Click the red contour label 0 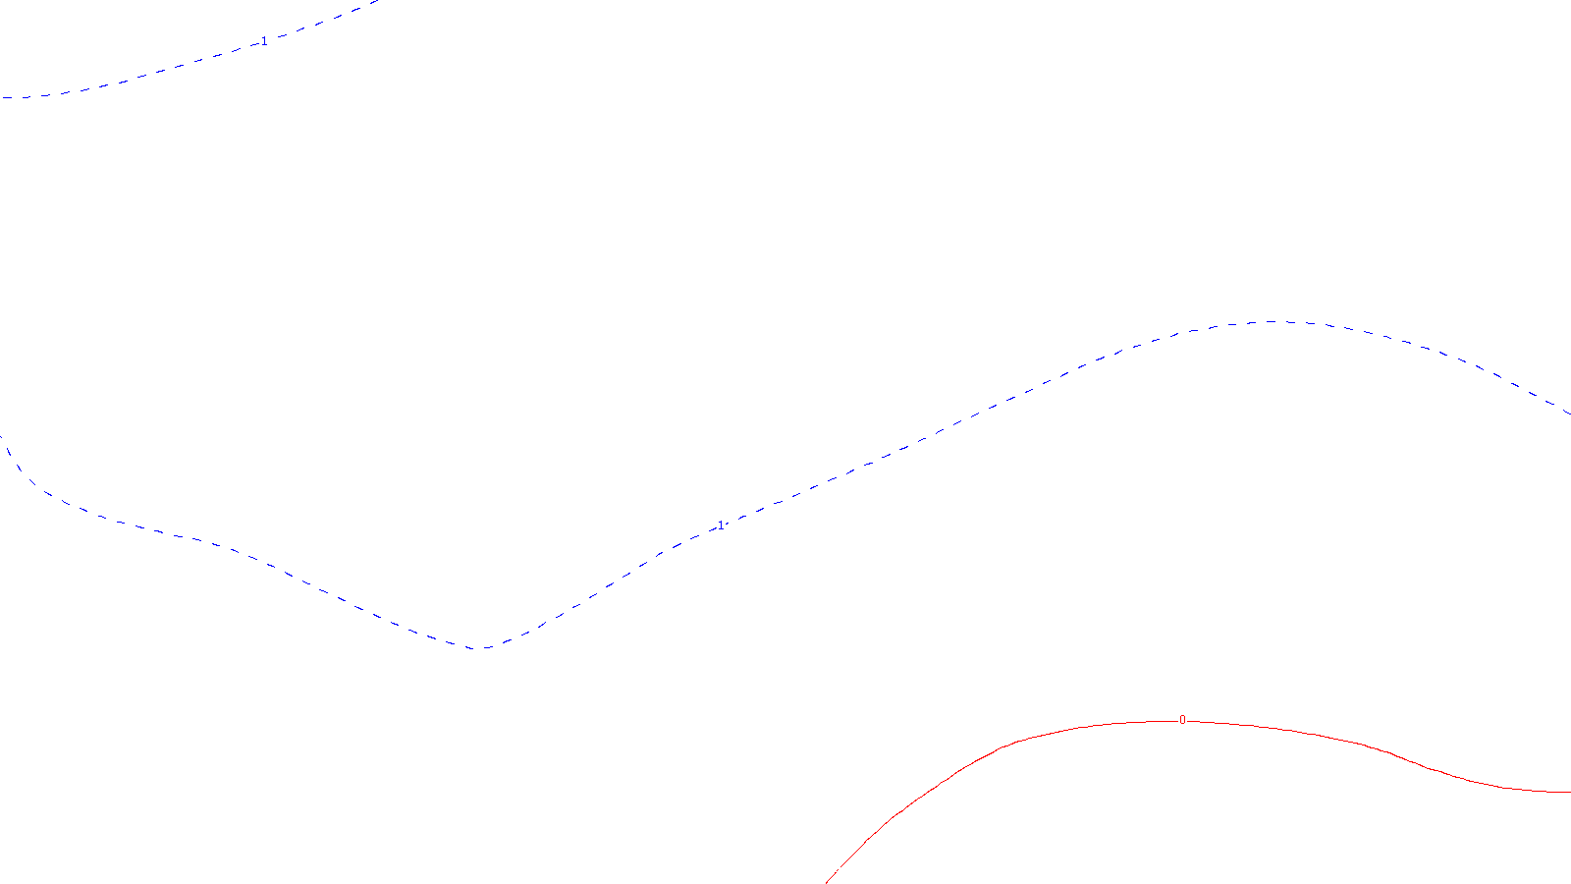pyautogui.click(x=1182, y=720)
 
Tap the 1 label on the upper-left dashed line pyautogui.click(x=263, y=41)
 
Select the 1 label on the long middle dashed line pyautogui.click(x=721, y=525)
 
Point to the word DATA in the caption pyautogui.click(x=830, y=868)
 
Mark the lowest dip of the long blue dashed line pyautogui.click(x=478, y=648)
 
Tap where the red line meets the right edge pyautogui.click(x=1569, y=792)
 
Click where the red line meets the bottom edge pyautogui.click(x=827, y=882)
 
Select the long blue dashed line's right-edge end pyautogui.click(x=1569, y=414)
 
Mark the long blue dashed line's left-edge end pyautogui.click(x=1, y=436)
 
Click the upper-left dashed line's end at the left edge pyautogui.click(x=1, y=98)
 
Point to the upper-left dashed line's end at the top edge pyautogui.click(x=378, y=1)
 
